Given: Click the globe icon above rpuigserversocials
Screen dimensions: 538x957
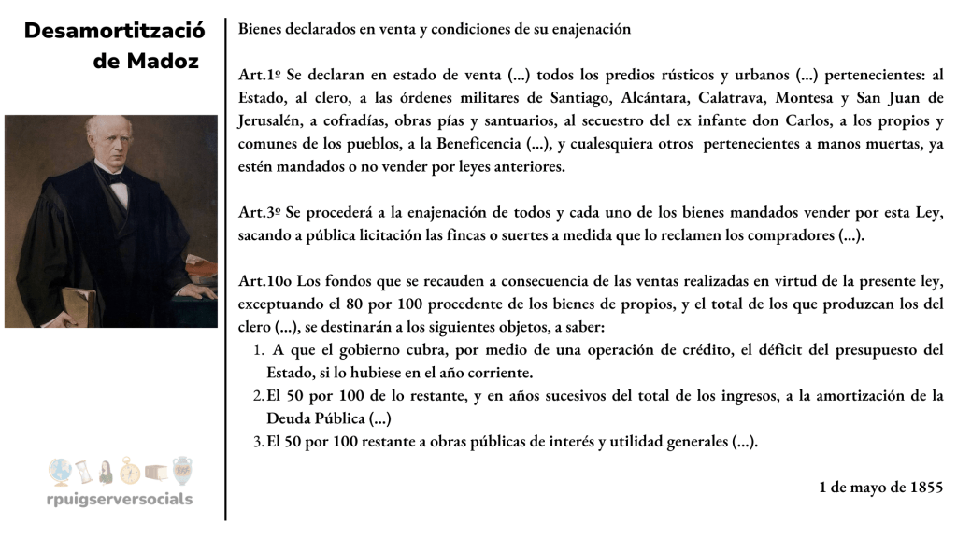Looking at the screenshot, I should coord(59,470).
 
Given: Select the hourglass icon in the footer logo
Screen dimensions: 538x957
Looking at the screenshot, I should coord(83,470).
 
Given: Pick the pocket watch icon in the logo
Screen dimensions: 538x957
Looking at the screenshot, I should coord(131,471).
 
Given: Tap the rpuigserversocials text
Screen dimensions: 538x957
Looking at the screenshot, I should coord(120,499).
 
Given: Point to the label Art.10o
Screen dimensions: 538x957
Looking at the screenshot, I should coord(262,282).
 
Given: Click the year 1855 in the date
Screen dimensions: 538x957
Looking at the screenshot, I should coord(925,487).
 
